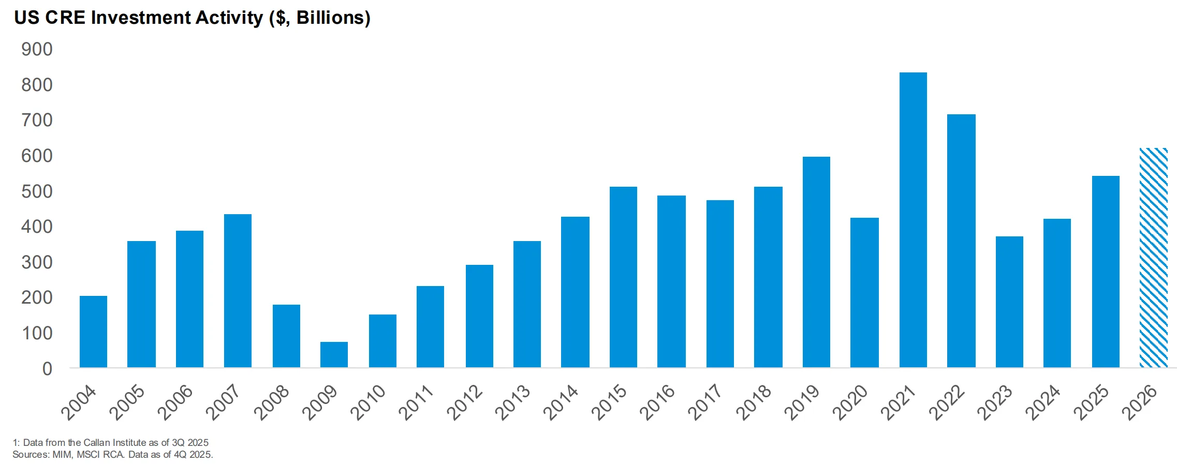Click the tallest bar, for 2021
coord(913,220)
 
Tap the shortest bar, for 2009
coord(334,355)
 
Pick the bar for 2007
coord(238,291)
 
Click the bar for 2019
coord(816,262)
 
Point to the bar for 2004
coord(93,332)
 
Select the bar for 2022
coord(961,241)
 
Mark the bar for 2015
coord(623,277)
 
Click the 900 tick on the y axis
coord(37,49)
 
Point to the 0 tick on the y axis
coord(47,369)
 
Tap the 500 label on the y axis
coord(37,191)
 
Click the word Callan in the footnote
coord(97,442)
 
